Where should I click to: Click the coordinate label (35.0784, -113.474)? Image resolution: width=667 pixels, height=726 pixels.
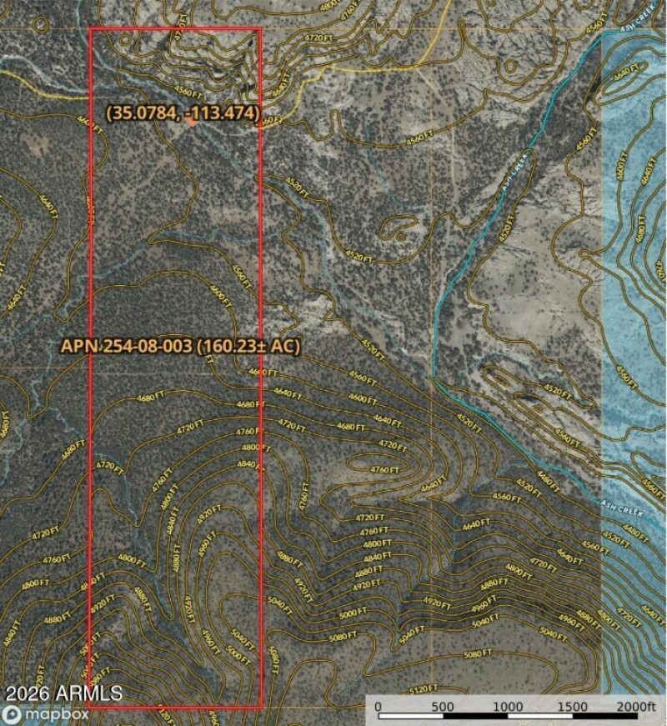pyautogui.click(x=183, y=112)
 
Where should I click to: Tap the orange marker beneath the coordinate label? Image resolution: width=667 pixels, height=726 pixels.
pyautogui.click(x=192, y=123)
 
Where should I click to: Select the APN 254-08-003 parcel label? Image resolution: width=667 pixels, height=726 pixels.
pyautogui.click(x=179, y=346)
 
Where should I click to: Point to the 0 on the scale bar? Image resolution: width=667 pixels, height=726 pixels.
pyautogui.click(x=379, y=707)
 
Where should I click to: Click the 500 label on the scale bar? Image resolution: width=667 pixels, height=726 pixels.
pyautogui.click(x=443, y=707)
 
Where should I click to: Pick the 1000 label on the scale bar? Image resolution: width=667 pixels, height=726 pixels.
pyautogui.click(x=507, y=707)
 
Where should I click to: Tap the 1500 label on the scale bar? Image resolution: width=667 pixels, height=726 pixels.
pyautogui.click(x=571, y=707)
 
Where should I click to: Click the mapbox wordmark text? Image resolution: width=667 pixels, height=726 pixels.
pyautogui.click(x=56, y=714)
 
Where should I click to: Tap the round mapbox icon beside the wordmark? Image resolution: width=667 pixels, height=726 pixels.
pyautogui.click(x=12, y=714)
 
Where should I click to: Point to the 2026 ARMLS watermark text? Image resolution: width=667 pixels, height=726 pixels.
pyautogui.click(x=63, y=693)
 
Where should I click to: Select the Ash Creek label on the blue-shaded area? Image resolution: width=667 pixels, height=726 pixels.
pyautogui.click(x=620, y=504)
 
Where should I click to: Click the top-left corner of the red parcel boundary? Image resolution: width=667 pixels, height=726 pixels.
pyautogui.click(x=89, y=29)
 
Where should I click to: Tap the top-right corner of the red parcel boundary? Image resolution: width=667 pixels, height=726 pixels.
pyautogui.click(x=261, y=29)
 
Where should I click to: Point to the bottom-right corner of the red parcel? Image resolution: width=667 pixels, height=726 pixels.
pyautogui.click(x=262, y=708)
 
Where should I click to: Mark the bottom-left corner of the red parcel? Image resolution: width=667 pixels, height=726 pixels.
pyautogui.click(x=89, y=708)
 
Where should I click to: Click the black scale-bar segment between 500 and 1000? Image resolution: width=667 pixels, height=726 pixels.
pyautogui.click(x=474, y=718)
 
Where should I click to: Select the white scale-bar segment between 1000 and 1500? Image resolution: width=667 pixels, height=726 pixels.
pyautogui.click(x=539, y=718)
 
